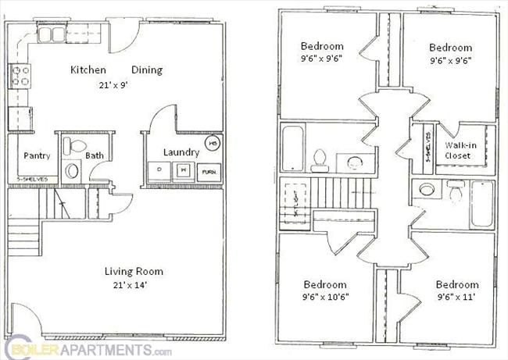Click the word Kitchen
pos(88,70)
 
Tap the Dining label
pos(146,70)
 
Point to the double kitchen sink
pos(53,34)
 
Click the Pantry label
pos(37,155)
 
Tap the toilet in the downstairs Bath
pos(77,146)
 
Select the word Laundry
pos(181,152)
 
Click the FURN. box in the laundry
pos(208,171)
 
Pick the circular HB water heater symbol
pos(211,144)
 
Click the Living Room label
pos(134,272)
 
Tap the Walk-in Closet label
pos(458,150)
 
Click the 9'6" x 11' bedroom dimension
pos(457,297)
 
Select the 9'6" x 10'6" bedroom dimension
pos(324,297)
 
